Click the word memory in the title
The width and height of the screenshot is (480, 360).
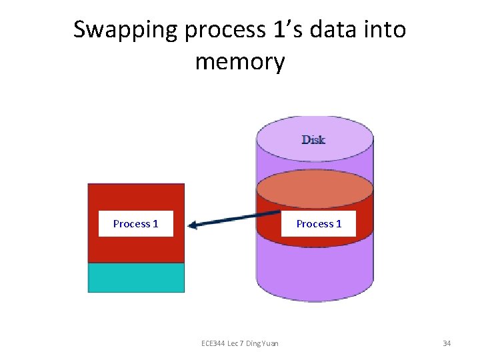pos(240,62)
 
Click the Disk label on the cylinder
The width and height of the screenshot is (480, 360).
pos(313,139)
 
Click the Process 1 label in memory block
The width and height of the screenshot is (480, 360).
pos(136,224)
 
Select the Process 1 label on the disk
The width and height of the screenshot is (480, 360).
pos(319,224)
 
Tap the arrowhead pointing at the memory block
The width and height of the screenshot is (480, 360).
pos(194,225)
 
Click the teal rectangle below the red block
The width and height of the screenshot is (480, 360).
pos(136,277)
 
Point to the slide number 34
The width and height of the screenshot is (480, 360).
pos(447,343)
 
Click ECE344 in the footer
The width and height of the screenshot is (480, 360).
pos(215,343)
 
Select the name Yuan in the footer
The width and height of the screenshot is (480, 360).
pos(269,343)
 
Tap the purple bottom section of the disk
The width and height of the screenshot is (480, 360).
pos(315,273)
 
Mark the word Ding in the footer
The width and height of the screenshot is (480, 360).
pos(253,343)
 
